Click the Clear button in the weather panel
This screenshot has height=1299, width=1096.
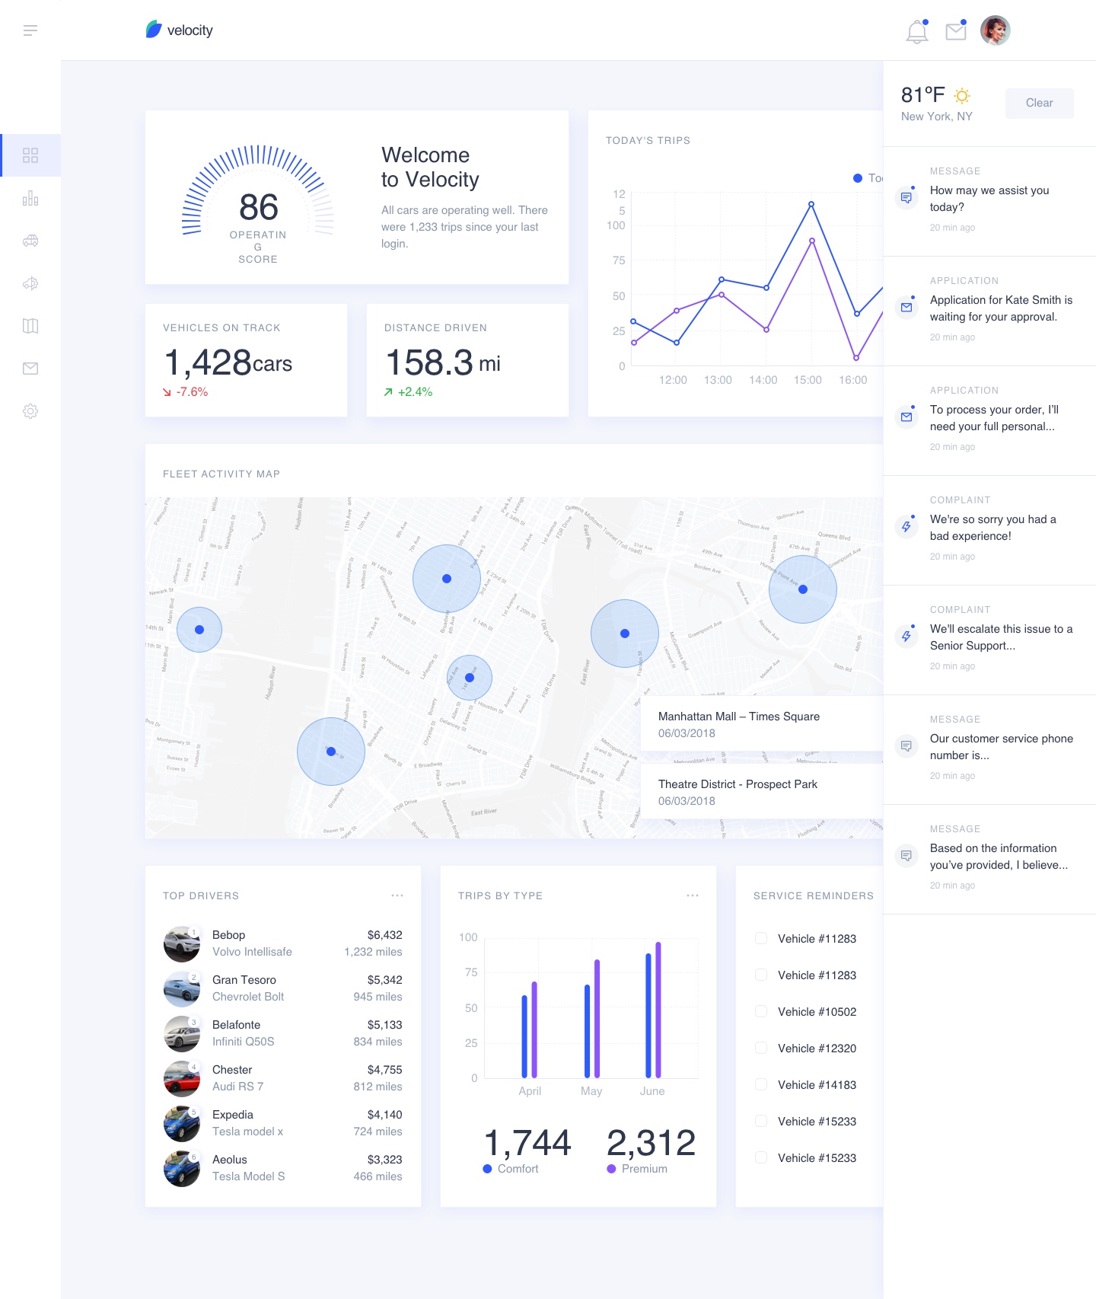point(1039,103)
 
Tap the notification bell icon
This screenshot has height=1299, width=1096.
point(917,31)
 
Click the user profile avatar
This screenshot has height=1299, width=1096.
point(995,30)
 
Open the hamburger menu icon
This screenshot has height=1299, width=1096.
point(30,30)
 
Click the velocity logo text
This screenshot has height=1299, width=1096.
point(190,30)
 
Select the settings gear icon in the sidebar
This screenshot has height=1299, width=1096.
point(30,411)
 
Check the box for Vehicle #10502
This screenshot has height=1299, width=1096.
point(761,1011)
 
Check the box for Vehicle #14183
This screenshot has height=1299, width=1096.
point(761,1084)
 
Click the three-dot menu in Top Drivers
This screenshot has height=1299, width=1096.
point(397,895)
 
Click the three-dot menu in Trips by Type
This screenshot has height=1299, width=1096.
point(693,895)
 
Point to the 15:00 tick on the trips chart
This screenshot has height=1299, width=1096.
point(808,380)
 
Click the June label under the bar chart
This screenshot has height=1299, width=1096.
point(652,1091)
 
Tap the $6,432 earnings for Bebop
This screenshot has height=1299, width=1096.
point(384,935)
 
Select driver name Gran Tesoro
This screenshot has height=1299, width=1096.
point(244,980)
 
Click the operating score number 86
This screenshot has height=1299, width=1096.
point(259,207)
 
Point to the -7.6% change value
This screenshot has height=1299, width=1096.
point(192,392)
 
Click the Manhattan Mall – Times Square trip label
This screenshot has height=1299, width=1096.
point(738,717)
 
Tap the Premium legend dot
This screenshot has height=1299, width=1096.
point(611,1169)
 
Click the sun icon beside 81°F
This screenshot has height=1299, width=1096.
point(962,96)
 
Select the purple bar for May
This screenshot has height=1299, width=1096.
point(597,1018)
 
